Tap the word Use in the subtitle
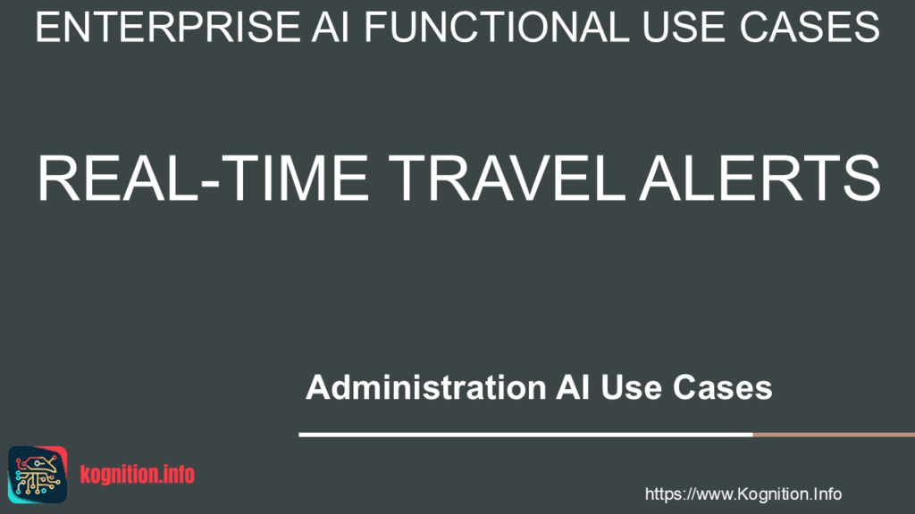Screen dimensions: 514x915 (630, 388)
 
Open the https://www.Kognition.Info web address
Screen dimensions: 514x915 (743, 493)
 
